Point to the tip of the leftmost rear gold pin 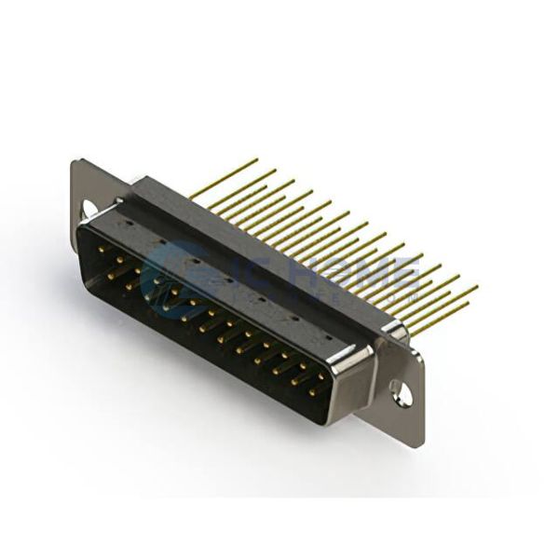[x=257, y=161]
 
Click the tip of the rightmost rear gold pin [x=477, y=287]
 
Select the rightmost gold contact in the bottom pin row [x=312, y=392]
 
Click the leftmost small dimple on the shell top [x=128, y=224]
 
